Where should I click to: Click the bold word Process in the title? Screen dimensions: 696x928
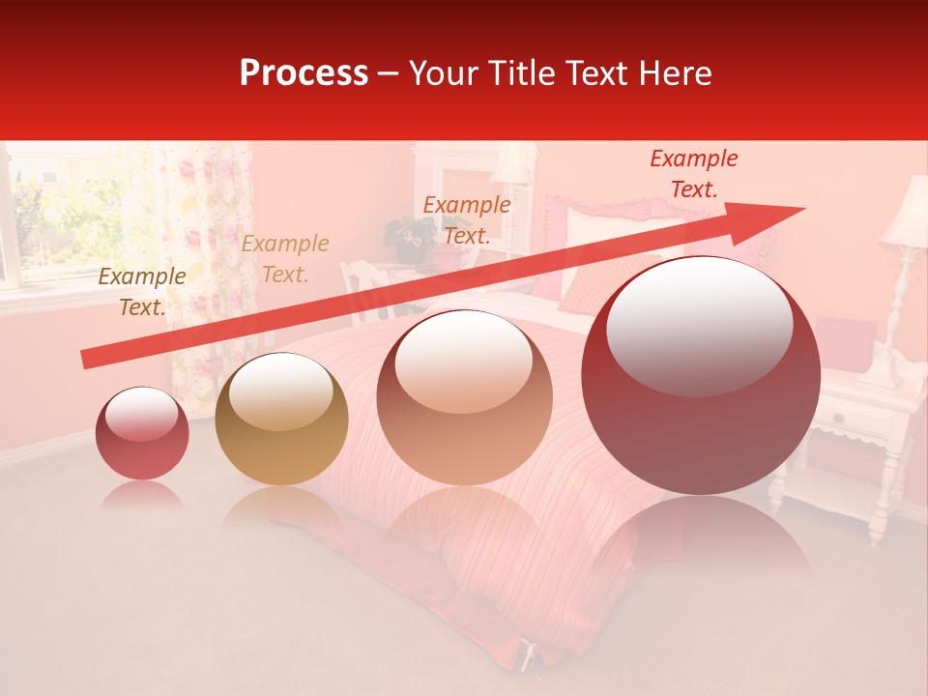(x=304, y=73)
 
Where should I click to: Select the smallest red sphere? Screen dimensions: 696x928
(x=142, y=433)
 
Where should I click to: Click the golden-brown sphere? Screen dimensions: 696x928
(x=281, y=419)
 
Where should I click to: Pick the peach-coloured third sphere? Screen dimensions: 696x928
(x=465, y=397)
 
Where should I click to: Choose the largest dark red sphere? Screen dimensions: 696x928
(x=701, y=376)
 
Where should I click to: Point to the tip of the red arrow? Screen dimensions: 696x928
(x=802, y=209)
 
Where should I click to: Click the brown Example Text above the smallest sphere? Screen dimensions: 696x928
(x=142, y=292)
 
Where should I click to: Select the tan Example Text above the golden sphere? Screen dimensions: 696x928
(x=285, y=259)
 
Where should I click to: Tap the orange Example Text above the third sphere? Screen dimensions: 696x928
(x=467, y=219)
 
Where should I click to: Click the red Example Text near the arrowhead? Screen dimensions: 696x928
(x=694, y=174)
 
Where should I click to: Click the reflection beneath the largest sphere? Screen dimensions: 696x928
(x=701, y=541)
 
